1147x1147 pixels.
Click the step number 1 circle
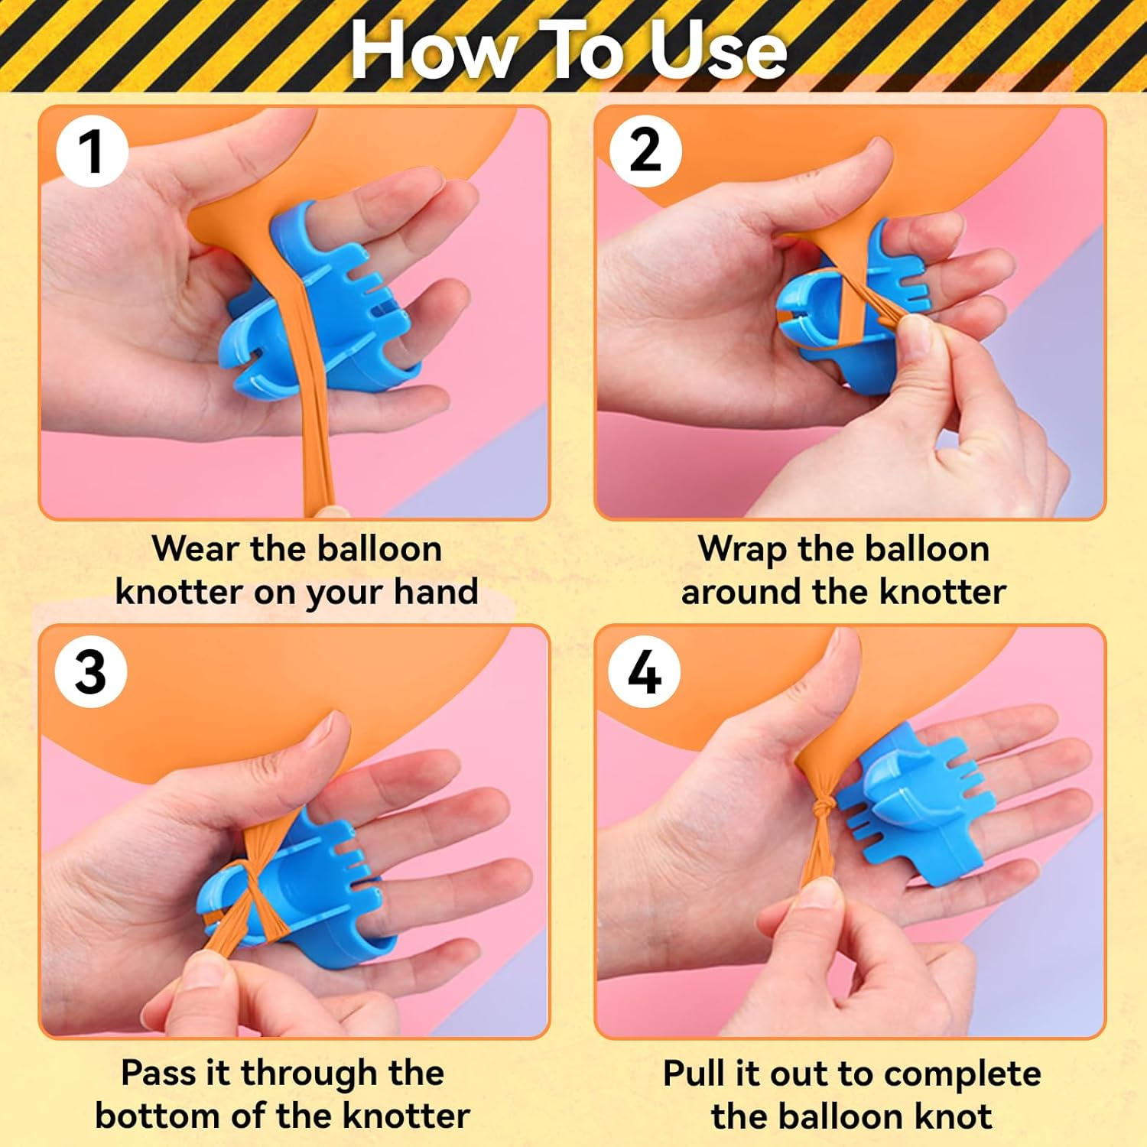tap(92, 151)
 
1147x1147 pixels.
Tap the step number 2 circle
tap(645, 151)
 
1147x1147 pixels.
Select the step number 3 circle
tap(91, 672)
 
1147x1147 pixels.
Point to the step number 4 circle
tap(644, 672)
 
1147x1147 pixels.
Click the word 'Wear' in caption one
tap(195, 548)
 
